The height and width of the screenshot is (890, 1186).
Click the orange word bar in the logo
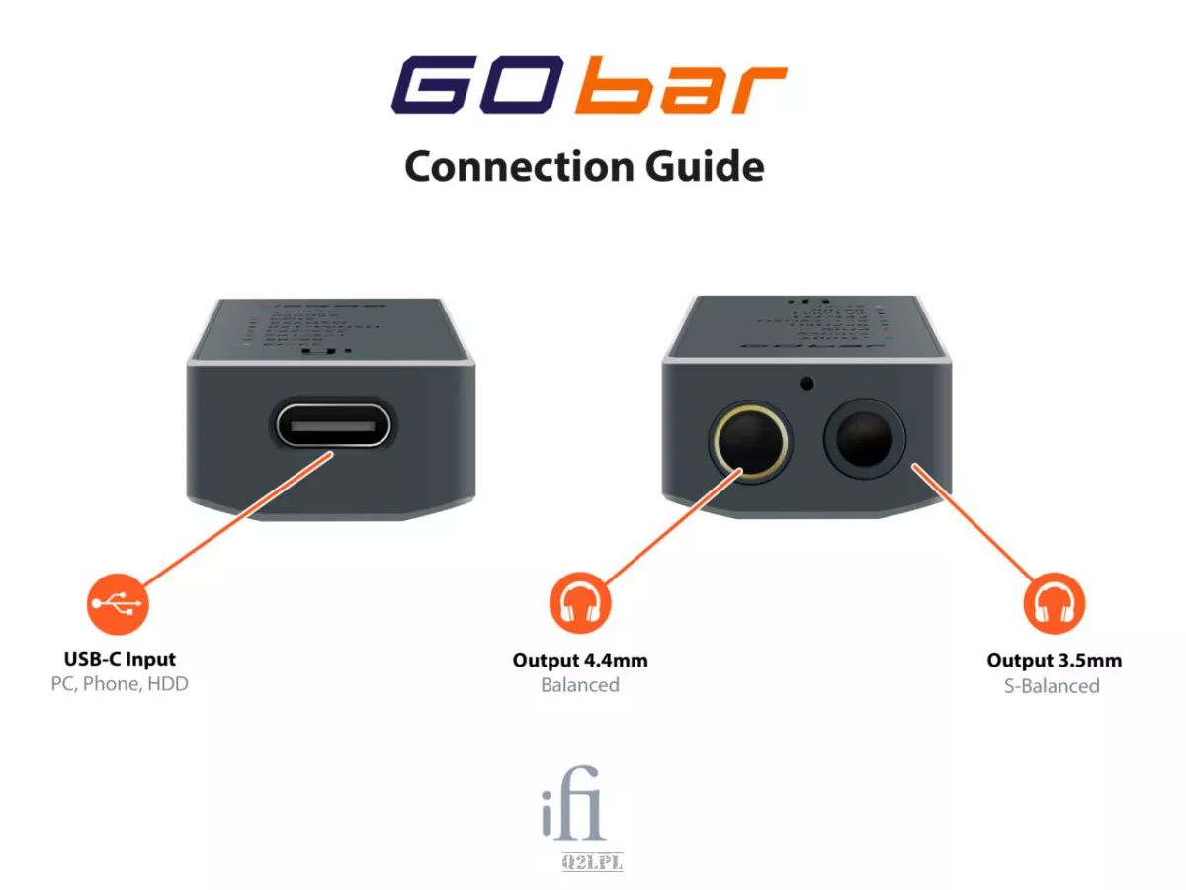pyautogui.click(x=682, y=89)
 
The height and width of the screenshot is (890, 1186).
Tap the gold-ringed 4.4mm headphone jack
pyautogui.click(x=749, y=438)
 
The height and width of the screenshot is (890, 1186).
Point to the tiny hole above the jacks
pyautogui.click(x=807, y=383)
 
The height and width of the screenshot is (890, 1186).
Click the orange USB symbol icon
pyautogui.click(x=118, y=602)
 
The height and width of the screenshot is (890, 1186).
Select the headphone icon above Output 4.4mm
pyautogui.click(x=580, y=602)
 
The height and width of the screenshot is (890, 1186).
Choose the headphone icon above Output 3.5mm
pyautogui.click(x=1054, y=602)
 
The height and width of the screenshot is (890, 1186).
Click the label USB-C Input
pyautogui.click(x=120, y=659)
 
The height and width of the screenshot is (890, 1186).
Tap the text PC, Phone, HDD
pyautogui.click(x=120, y=683)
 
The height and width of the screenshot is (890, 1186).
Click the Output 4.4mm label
pyautogui.click(x=580, y=660)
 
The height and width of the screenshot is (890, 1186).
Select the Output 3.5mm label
pyautogui.click(x=1054, y=660)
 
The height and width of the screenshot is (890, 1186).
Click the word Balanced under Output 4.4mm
pyautogui.click(x=580, y=684)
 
